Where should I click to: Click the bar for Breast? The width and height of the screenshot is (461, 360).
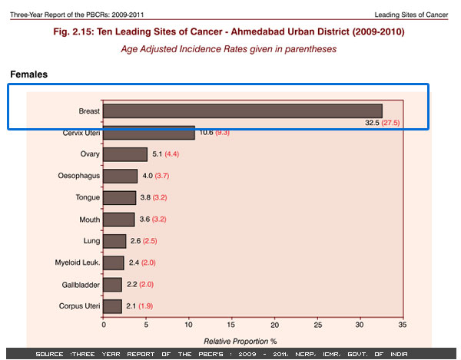[242, 111]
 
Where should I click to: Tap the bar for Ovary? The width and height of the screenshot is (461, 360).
[125, 154]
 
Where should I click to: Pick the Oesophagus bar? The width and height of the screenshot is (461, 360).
[121, 176]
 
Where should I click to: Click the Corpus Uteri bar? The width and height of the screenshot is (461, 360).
[112, 306]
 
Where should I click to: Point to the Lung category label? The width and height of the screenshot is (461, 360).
[91, 241]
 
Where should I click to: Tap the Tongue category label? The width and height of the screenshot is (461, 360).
[87, 197]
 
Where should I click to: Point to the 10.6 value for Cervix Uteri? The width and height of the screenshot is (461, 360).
[206, 133]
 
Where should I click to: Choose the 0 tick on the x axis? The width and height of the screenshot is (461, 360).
[104, 324]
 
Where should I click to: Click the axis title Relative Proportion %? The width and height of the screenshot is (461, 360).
[239, 340]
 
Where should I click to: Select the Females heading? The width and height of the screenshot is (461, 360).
[30, 74]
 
